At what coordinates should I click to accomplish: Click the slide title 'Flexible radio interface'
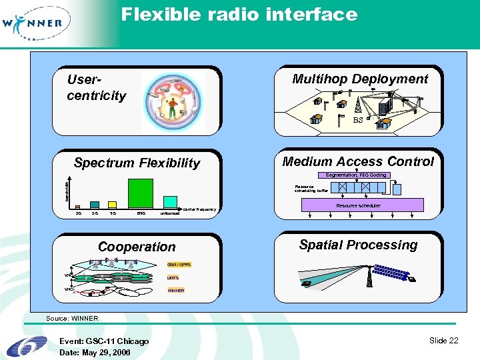[x=239, y=14]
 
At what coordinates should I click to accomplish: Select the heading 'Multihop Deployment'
[x=360, y=79]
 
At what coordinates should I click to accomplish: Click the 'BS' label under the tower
[x=357, y=121]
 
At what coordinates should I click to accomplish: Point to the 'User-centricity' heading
[x=96, y=87]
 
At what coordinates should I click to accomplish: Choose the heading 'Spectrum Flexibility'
[x=137, y=163]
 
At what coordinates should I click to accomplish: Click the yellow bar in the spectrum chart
[x=113, y=205]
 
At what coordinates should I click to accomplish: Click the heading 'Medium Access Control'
[x=357, y=161]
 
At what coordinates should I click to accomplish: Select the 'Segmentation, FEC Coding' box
[x=355, y=175]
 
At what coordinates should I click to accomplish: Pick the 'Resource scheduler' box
[x=358, y=205]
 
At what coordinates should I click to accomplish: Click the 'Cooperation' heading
[x=137, y=247]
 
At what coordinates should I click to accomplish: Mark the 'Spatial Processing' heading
[x=358, y=245]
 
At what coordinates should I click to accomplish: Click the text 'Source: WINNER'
[x=72, y=319]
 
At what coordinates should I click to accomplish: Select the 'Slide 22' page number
[x=443, y=341]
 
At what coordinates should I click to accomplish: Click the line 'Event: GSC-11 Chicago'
[x=104, y=341]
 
